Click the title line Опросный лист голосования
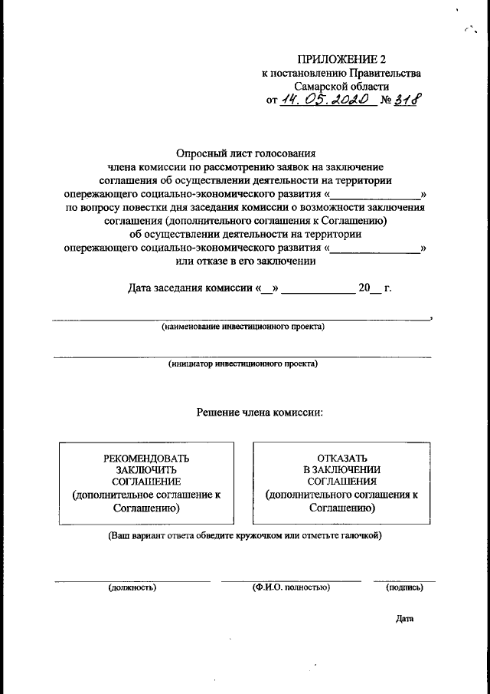point(246,153)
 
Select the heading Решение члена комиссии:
point(260,413)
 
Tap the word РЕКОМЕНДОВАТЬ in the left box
point(146,458)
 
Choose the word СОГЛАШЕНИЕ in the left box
point(146,482)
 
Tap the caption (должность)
point(132,587)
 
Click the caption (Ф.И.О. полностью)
point(291,587)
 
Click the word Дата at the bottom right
point(404,619)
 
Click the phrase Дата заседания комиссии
point(190,289)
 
